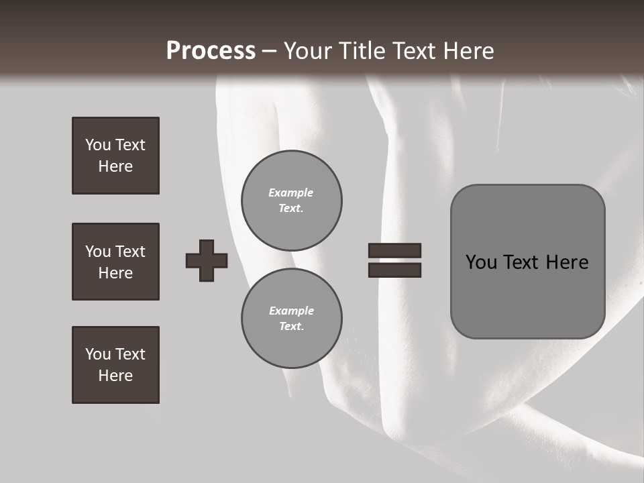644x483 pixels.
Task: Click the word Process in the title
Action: click(211, 51)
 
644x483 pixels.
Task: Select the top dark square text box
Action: click(115, 156)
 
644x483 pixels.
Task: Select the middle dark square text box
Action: click(115, 262)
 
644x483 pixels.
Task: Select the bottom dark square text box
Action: click(115, 365)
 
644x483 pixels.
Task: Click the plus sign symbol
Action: click(207, 260)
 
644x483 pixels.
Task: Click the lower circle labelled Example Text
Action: click(292, 319)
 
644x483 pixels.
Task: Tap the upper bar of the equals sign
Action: click(394, 250)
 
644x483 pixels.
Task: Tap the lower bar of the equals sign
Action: click(394, 270)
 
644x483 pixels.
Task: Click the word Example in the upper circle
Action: click(291, 193)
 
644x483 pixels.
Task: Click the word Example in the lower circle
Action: click(291, 311)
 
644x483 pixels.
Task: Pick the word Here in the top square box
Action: click(115, 166)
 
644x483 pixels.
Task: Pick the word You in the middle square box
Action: click(98, 252)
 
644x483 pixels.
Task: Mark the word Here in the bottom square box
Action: click(115, 376)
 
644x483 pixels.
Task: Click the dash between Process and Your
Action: click(270, 52)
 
